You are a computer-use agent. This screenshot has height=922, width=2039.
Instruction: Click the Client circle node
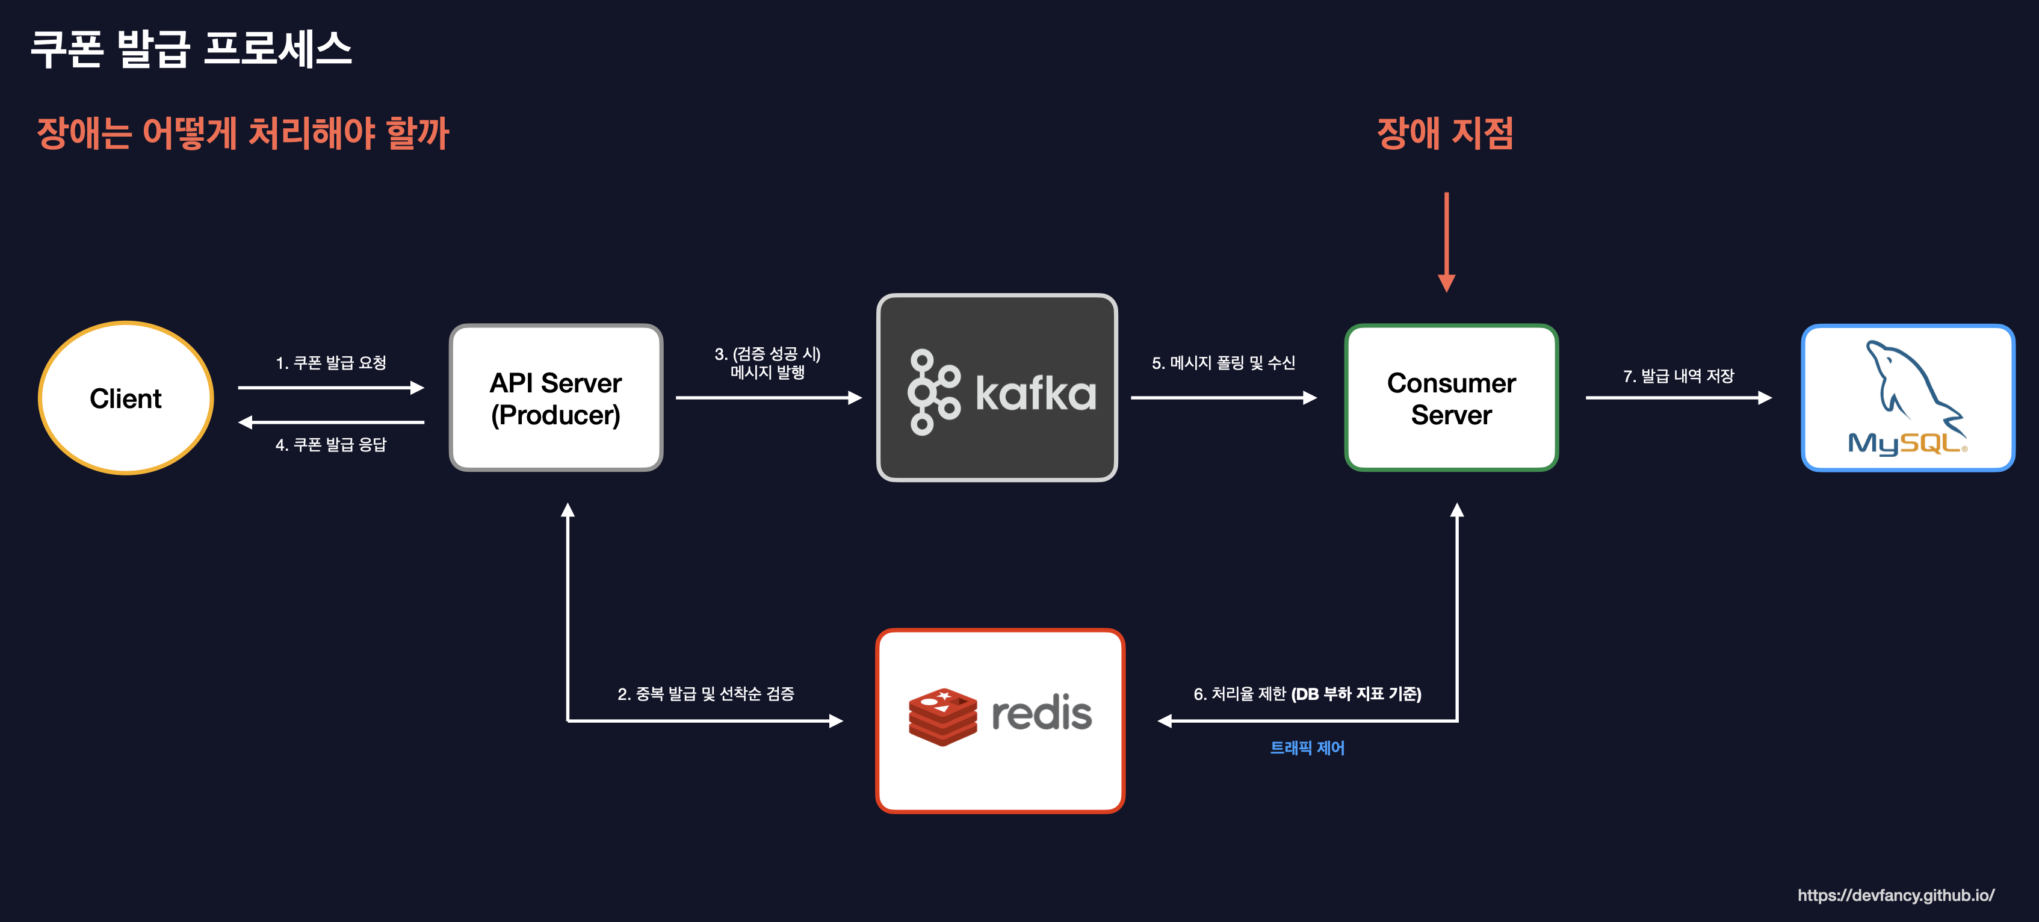click(x=126, y=398)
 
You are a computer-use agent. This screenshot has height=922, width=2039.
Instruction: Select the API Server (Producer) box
click(x=555, y=398)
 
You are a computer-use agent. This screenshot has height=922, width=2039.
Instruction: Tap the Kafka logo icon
click(x=933, y=392)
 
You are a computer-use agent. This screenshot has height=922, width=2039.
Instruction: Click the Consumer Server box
click(x=1451, y=398)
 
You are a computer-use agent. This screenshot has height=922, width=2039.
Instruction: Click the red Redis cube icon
click(x=942, y=716)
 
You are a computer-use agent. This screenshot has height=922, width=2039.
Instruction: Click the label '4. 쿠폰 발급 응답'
click(x=331, y=445)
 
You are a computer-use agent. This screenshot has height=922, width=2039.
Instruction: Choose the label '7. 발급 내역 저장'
click(x=1678, y=376)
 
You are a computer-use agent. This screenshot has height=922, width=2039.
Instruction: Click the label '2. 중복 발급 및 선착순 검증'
click(x=705, y=694)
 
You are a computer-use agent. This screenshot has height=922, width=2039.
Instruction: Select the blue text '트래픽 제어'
click(x=1307, y=748)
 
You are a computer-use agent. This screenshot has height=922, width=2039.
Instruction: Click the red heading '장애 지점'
click(x=1446, y=133)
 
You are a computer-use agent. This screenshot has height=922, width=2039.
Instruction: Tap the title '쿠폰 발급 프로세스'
click(x=191, y=49)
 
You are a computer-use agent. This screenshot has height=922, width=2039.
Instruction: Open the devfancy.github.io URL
click(x=1896, y=895)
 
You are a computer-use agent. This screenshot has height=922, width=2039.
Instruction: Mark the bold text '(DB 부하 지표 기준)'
click(x=1356, y=694)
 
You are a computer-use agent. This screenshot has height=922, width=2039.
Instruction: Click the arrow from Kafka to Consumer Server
click(x=1223, y=398)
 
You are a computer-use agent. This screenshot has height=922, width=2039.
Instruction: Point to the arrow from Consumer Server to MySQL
click(x=1678, y=398)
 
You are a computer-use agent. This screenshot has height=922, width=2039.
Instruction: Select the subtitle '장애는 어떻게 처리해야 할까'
click(x=243, y=133)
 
